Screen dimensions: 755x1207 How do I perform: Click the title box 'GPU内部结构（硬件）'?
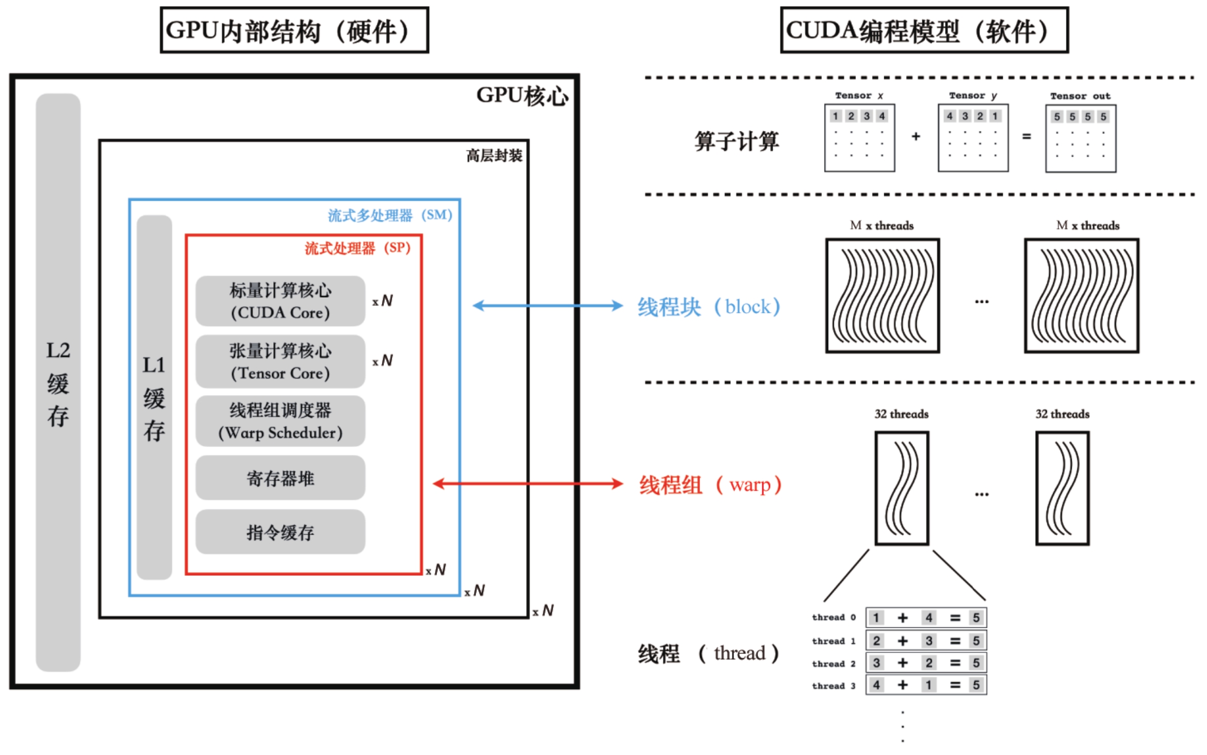point(294,30)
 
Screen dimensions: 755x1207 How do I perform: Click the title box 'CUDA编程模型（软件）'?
point(924,30)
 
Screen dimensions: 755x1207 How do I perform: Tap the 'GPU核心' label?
point(522,96)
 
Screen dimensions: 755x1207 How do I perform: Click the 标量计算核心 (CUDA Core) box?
point(281,301)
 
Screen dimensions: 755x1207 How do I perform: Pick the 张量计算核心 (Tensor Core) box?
point(281,362)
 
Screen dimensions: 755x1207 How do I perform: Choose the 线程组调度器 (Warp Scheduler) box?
point(281,421)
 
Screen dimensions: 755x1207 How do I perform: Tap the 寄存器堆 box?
point(281,478)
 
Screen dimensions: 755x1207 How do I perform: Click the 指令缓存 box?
point(281,532)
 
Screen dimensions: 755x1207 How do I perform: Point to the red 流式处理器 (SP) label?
point(357,248)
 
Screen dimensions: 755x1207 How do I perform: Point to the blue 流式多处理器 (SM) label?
point(390,215)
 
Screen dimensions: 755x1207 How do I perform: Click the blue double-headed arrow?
point(548,306)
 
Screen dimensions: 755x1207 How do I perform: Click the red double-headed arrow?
point(528,484)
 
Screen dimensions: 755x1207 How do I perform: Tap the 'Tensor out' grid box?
point(1080,138)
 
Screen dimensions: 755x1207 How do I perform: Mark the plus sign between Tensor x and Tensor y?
point(916,136)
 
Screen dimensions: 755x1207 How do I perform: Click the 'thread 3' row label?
point(833,686)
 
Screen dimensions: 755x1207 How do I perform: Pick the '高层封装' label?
point(494,156)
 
